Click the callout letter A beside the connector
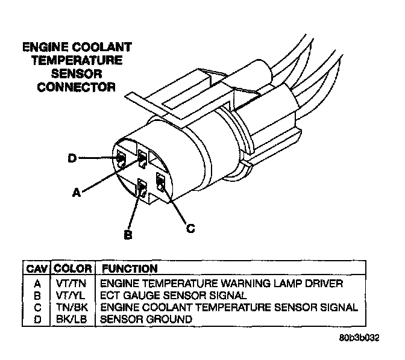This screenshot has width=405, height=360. coord(77,193)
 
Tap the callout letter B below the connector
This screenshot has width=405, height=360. coord(128,235)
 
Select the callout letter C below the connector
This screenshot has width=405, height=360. coord(190,228)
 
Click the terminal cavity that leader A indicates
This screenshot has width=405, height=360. coord(142,160)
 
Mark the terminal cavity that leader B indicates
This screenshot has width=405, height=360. coord(142,189)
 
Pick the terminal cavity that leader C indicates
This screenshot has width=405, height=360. coord(161,181)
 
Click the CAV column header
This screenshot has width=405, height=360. coord(37,268)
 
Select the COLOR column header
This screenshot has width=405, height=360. coord(73,268)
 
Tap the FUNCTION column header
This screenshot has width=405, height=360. coord(130,268)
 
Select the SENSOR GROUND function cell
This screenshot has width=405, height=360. coord(146,319)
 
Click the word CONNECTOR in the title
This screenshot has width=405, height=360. coord(77,87)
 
